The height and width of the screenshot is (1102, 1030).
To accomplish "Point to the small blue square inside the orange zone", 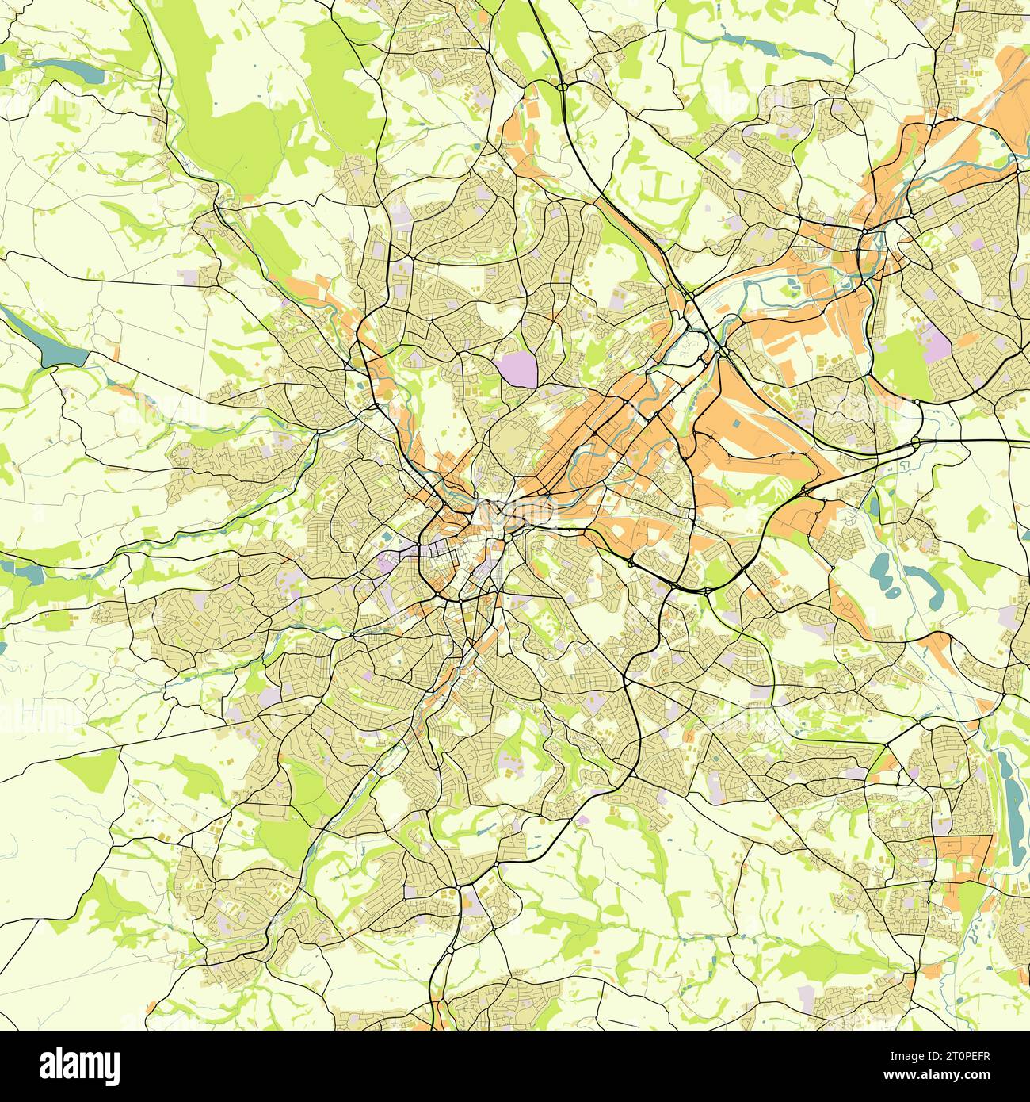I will coord(738,424).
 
